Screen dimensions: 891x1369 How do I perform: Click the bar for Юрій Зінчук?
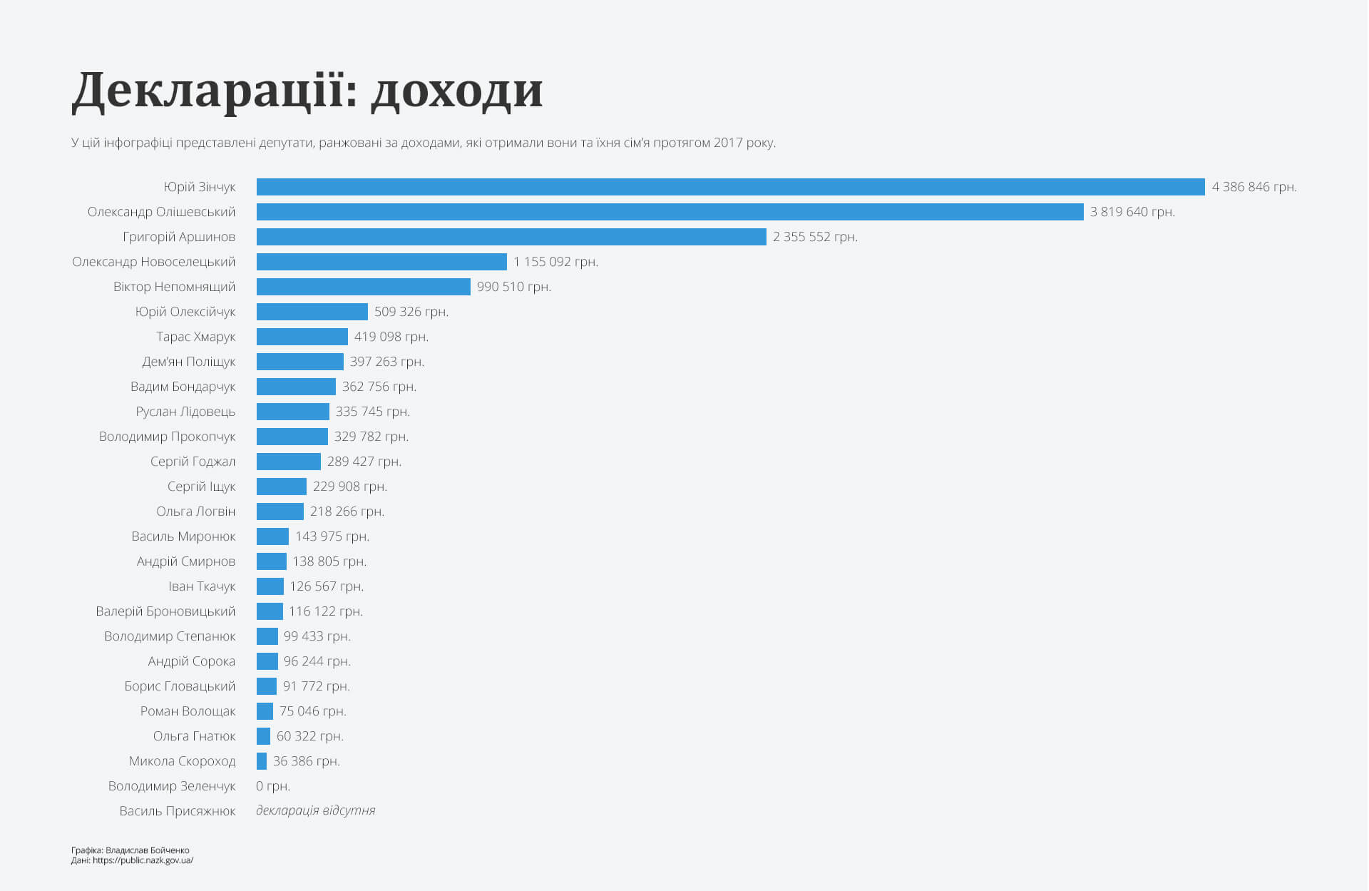coord(730,187)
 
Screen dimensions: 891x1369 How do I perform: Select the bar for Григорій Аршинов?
coord(511,237)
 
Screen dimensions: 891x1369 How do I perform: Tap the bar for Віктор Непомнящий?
coord(363,287)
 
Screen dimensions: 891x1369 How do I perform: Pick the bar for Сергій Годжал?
coord(288,462)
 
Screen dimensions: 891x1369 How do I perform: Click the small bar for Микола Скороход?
coord(262,761)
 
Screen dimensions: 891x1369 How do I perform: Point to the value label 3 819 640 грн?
coord(1132,212)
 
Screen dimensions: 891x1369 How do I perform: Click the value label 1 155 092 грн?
coord(555,262)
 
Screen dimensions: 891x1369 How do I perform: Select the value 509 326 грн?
coord(411,312)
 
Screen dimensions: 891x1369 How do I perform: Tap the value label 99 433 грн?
coord(317,636)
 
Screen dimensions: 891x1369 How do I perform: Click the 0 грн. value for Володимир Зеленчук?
coord(272,786)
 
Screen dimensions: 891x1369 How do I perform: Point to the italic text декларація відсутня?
coord(315,810)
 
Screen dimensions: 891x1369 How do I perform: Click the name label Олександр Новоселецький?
coord(153,262)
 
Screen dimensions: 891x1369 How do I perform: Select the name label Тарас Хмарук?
coord(195,337)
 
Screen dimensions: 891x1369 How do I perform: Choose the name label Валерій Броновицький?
coord(165,611)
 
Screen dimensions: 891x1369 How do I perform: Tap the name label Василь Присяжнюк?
coord(177,811)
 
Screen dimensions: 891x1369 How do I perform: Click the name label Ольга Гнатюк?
coord(194,736)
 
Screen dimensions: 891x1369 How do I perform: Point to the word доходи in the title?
coord(457,91)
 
